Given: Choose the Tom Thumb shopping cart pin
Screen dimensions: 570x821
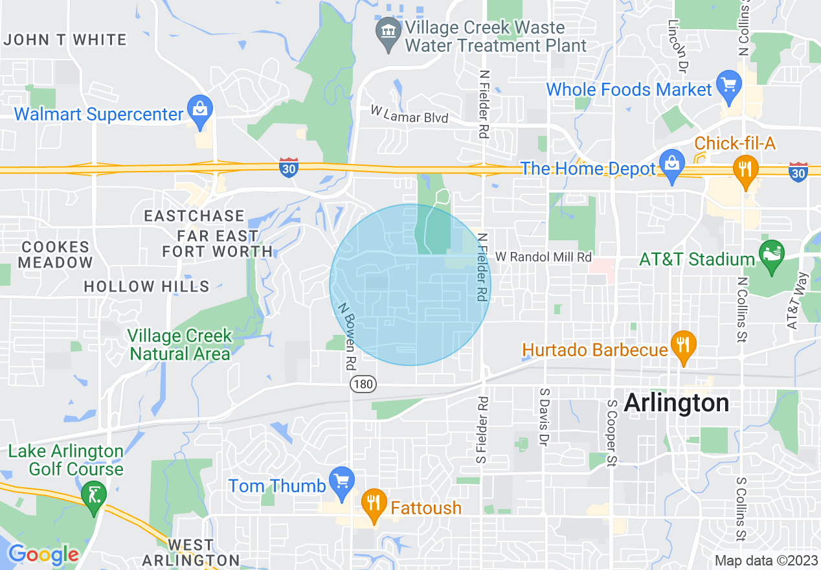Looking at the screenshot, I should (x=342, y=481).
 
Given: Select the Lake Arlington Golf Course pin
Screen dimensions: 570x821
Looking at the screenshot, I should (x=95, y=497).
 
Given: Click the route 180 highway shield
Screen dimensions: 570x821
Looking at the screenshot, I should (x=363, y=384).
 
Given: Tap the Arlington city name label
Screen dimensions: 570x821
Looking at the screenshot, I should (x=676, y=403).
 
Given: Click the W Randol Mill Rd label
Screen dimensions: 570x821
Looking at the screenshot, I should (x=543, y=257).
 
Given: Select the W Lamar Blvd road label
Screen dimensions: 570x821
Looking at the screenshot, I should (x=409, y=115).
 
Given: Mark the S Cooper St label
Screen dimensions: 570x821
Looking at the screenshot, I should (x=611, y=433).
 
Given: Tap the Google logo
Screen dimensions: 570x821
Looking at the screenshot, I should (x=43, y=554).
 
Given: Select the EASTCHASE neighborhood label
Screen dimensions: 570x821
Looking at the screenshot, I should (x=194, y=216).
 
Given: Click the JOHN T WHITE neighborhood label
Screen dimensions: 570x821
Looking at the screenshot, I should (x=65, y=40).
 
